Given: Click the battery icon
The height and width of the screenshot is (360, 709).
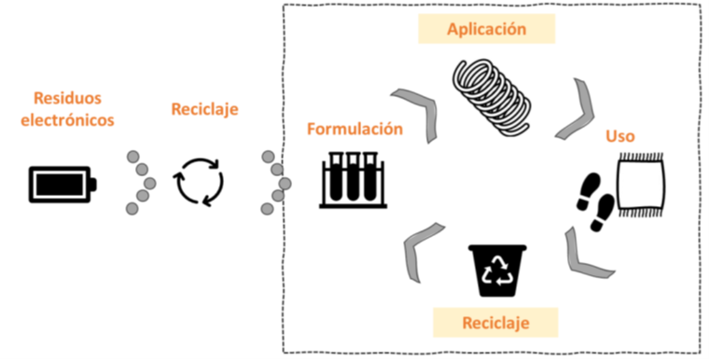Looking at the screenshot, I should (62, 184).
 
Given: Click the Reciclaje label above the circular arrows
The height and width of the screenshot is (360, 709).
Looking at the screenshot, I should (205, 109).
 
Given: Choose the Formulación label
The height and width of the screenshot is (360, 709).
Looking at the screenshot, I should (355, 129).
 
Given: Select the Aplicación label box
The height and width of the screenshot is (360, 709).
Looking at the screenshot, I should (486, 30).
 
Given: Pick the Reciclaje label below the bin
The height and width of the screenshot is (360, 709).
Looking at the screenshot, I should (496, 324).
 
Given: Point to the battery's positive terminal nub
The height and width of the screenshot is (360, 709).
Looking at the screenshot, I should (95, 184).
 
